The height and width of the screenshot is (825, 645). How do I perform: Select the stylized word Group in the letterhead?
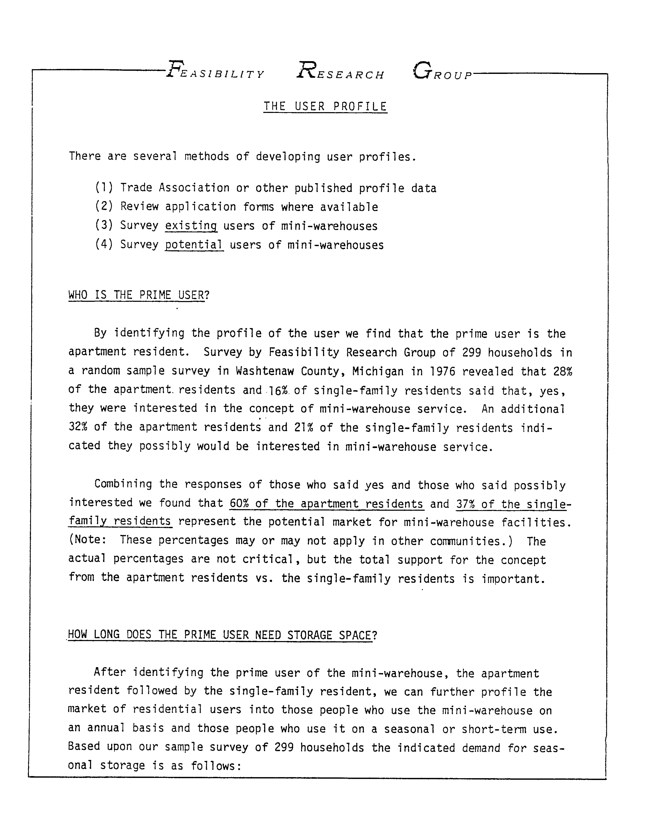pos(442,72)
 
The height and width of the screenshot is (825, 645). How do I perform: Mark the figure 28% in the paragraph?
pos(563,371)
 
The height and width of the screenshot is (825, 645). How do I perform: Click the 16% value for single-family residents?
pos(279,390)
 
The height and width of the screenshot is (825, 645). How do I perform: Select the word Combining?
pos(123,484)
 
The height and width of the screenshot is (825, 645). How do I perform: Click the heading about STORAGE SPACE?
pos(222,635)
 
